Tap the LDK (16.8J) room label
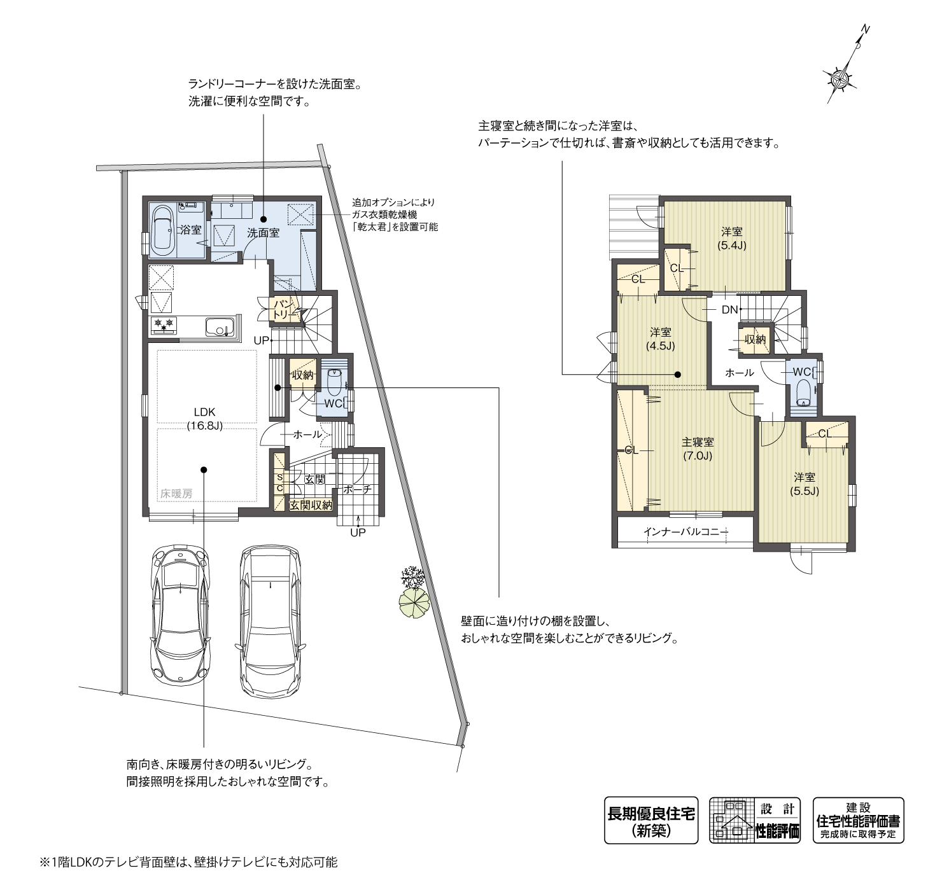[x=204, y=419]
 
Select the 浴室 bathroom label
[x=191, y=230]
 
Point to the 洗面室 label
[x=264, y=233]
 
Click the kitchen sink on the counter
[x=220, y=326]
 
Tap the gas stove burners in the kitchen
[x=163, y=325]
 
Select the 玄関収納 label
[x=311, y=505]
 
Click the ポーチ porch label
[x=356, y=489]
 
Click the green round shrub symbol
[x=414, y=603]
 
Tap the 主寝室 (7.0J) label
[x=697, y=449]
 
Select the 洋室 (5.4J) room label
[x=732, y=239]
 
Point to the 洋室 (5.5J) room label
[x=805, y=484]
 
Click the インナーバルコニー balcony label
[x=685, y=532]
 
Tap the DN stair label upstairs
[x=729, y=310]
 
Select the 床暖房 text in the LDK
[x=176, y=494]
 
